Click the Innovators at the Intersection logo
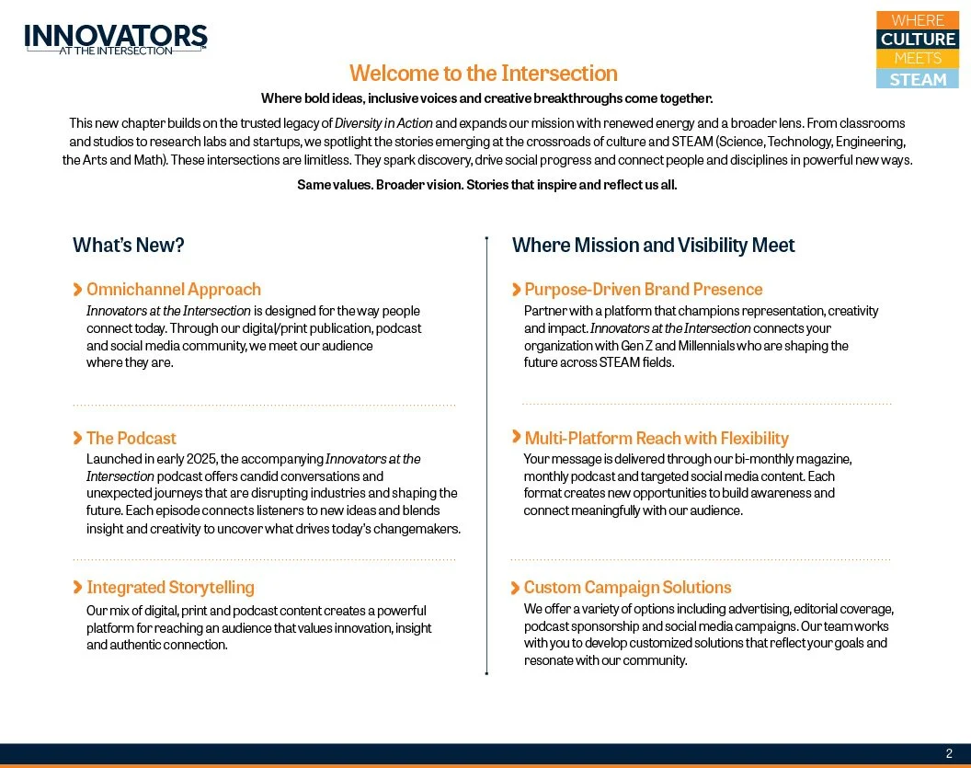[116, 39]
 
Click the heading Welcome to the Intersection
[483, 74]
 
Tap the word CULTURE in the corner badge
[918, 40]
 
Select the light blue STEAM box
[918, 79]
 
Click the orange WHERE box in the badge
[918, 20]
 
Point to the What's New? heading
[129, 246]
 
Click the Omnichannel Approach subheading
[173, 290]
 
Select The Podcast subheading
[131, 439]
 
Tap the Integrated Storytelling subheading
[170, 588]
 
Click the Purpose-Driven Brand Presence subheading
[643, 290]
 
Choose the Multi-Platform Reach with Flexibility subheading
[656, 439]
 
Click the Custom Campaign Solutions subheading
[627, 588]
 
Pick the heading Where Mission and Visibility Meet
[653, 246]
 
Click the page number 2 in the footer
[950, 753]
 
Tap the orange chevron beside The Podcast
[77, 438]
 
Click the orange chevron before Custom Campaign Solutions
[516, 587]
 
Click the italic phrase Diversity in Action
[383, 123]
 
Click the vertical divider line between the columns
[486, 460]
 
